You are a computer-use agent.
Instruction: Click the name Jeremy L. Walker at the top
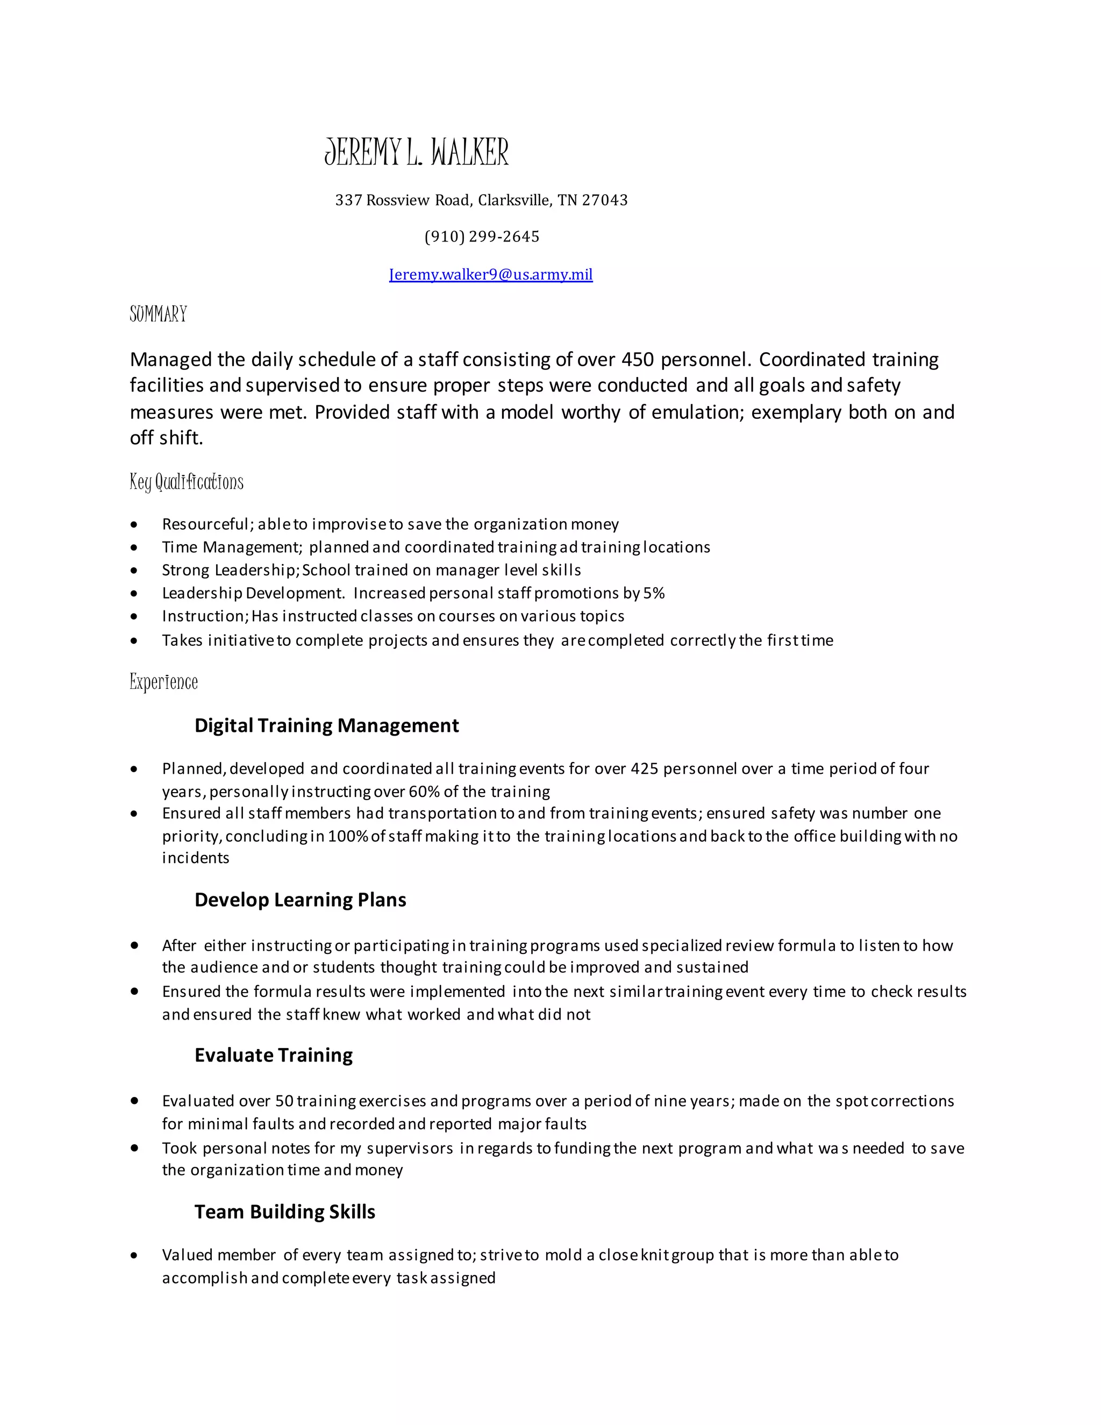click(416, 152)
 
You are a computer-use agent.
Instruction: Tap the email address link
click(490, 274)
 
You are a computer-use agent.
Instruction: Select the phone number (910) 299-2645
click(482, 236)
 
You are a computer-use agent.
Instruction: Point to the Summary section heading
click(158, 314)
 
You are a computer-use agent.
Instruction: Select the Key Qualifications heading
click(187, 482)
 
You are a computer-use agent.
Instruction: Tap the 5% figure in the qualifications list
click(654, 593)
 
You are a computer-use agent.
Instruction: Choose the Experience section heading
click(164, 682)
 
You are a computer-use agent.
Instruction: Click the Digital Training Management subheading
click(326, 725)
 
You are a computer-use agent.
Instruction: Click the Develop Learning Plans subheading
click(300, 900)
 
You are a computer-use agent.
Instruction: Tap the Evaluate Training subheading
click(273, 1055)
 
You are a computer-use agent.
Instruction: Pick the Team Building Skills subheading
click(284, 1212)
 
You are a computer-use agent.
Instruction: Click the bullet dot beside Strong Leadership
click(134, 570)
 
